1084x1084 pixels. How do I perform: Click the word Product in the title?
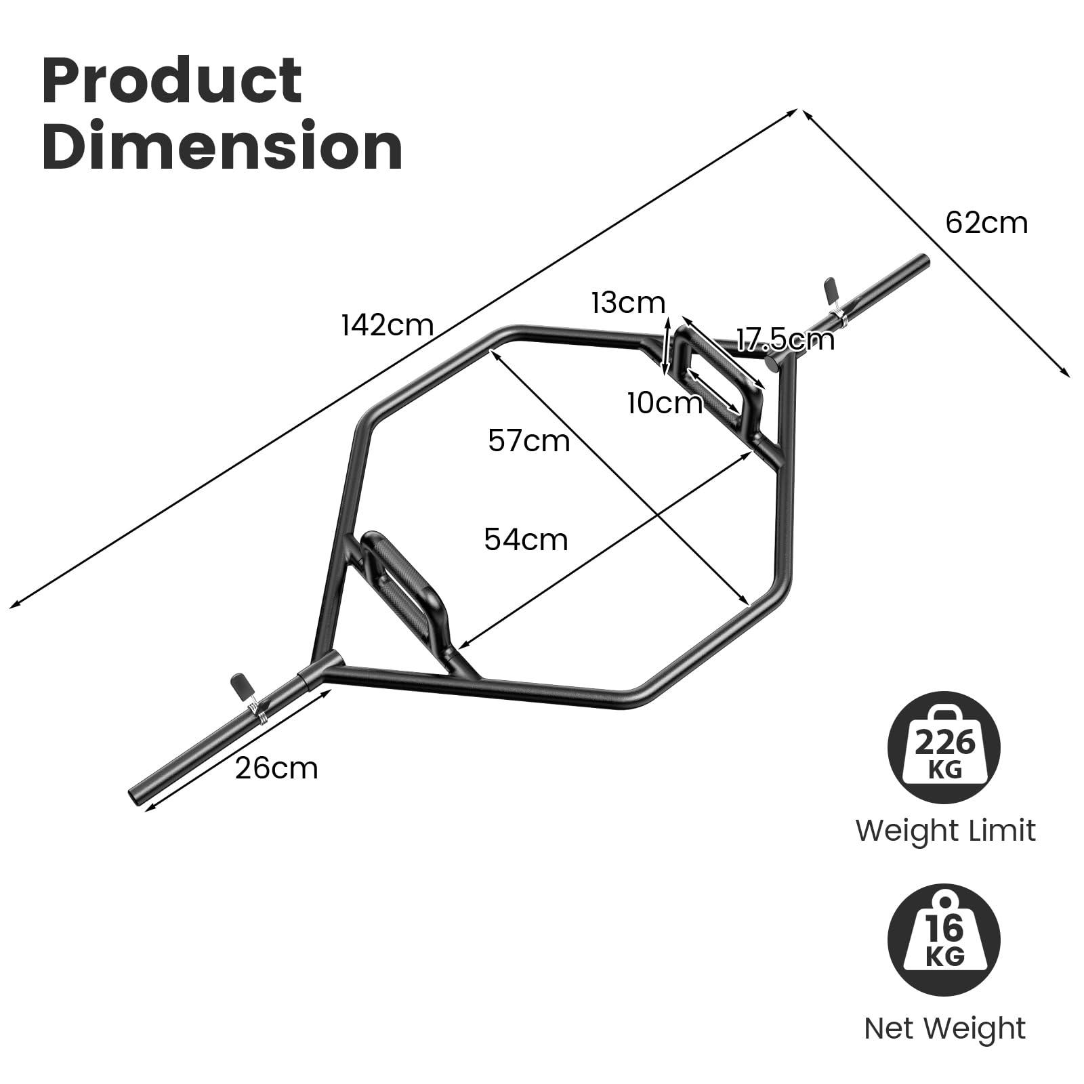[x=172, y=81]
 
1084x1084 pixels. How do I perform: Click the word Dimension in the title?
[x=223, y=146]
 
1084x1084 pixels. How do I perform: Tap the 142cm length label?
[x=388, y=326]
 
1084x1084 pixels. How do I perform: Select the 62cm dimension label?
[x=986, y=223]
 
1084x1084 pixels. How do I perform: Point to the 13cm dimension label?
[x=628, y=303]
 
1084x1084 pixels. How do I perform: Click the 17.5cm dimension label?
[x=786, y=339]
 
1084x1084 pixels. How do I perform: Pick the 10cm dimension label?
[x=665, y=404]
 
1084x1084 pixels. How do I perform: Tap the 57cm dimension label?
[x=529, y=441]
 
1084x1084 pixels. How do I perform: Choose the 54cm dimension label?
[x=526, y=540]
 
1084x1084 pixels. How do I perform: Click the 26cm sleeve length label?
[x=276, y=768]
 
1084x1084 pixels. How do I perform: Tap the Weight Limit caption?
[x=945, y=831]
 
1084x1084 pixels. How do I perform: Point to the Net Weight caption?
[x=944, y=1028]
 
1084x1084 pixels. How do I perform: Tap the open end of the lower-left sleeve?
[x=133, y=795]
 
